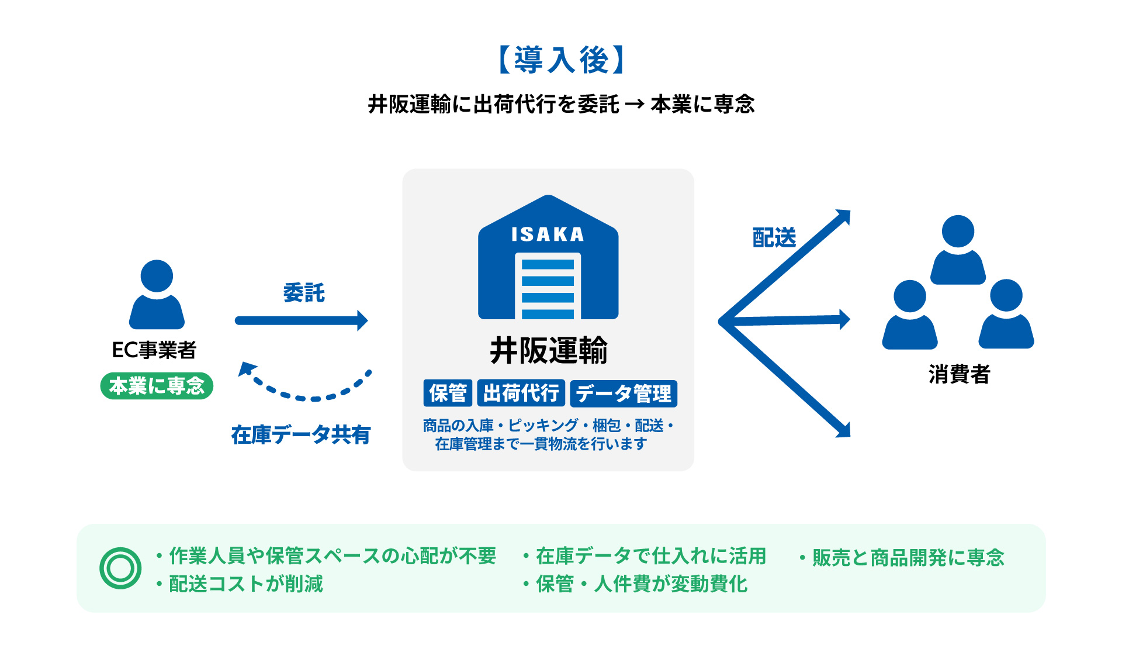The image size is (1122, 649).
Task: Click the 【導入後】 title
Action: tap(561, 60)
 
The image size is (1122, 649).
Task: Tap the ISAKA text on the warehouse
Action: tap(548, 234)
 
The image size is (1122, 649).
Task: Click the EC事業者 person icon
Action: tap(157, 295)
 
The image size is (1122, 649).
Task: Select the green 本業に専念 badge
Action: tap(157, 386)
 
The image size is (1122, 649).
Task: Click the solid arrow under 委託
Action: tap(301, 320)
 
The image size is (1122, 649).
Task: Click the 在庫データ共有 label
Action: tap(301, 435)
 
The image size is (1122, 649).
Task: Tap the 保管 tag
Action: tap(448, 393)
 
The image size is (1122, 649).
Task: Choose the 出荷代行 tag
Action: tap(521, 393)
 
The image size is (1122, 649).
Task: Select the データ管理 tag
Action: tap(624, 393)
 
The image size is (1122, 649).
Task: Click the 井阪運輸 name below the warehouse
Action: tap(548, 351)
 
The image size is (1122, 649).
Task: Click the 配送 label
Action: tap(774, 238)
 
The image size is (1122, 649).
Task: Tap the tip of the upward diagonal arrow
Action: tap(846, 214)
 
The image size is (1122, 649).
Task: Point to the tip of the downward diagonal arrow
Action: tap(846, 433)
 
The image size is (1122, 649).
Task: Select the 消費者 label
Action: tap(959, 374)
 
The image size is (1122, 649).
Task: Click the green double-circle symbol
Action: tap(120, 568)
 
